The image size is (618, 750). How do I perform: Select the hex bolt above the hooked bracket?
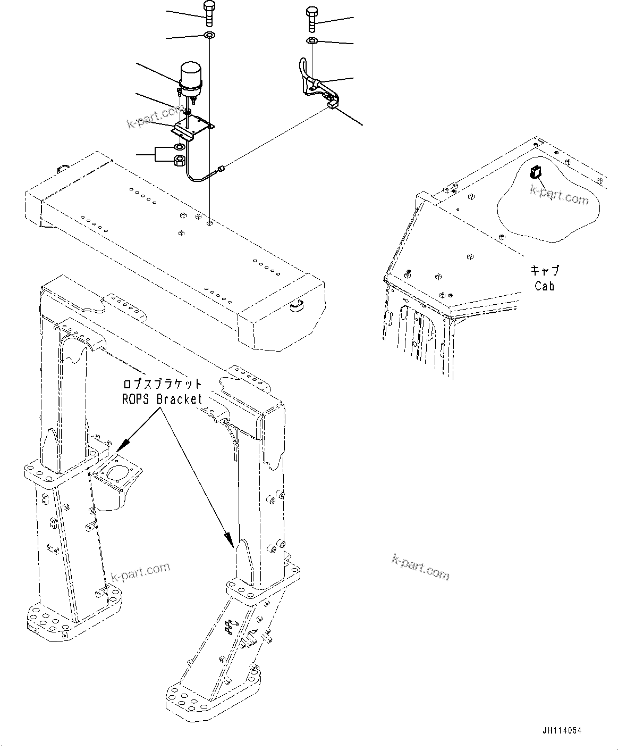click(x=311, y=19)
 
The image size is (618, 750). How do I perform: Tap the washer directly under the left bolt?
click(x=209, y=36)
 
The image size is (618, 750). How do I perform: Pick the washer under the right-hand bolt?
click(x=312, y=41)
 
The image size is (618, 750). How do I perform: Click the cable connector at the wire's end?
click(x=222, y=170)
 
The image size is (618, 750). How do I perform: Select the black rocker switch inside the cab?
click(x=535, y=172)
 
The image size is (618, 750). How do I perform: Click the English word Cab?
click(x=544, y=286)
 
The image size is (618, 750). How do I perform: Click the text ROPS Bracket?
click(x=163, y=399)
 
